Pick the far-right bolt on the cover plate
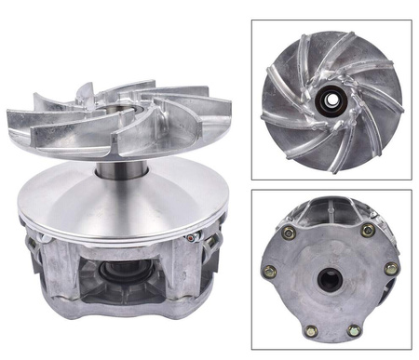(x=392, y=269)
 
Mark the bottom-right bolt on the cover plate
(x=355, y=329)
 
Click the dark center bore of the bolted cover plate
(x=331, y=278)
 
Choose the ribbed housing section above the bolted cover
(x=330, y=212)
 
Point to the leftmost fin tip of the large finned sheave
(x=11, y=118)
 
